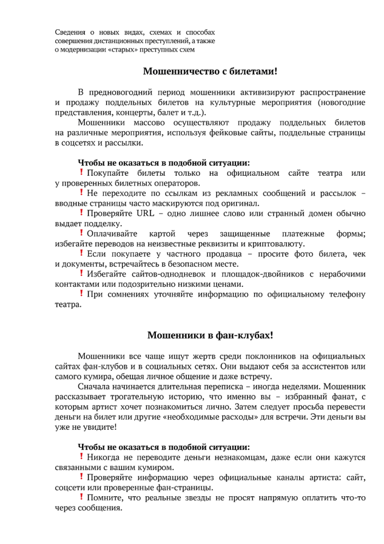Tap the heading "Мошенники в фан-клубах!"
[x=211, y=335]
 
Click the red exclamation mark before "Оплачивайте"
[x=82, y=233]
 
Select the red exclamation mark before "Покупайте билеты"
[x=82, y=173]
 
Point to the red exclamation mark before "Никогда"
[x=82, y=457]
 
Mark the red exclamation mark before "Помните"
[x=82, y=497]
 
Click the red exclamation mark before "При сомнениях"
[x=82, y=294]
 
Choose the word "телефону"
[x=346, y=295]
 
